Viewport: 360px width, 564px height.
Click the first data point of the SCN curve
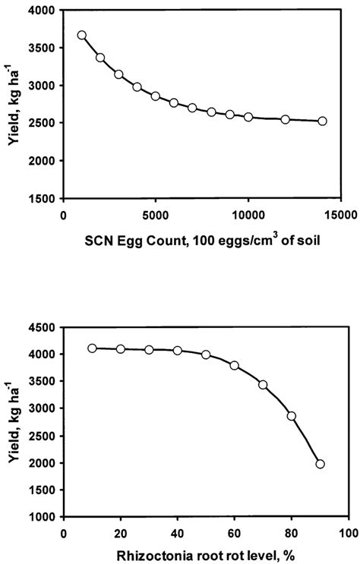pyautogui.click(x=82, y=36)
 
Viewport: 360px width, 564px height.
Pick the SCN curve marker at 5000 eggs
pyautogui.click(x=156, y=96)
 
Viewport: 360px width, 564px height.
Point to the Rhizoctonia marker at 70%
pyautogui.click(x=263, y=385)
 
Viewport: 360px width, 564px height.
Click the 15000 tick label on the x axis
pyautogui.click(x=340, y=215)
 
